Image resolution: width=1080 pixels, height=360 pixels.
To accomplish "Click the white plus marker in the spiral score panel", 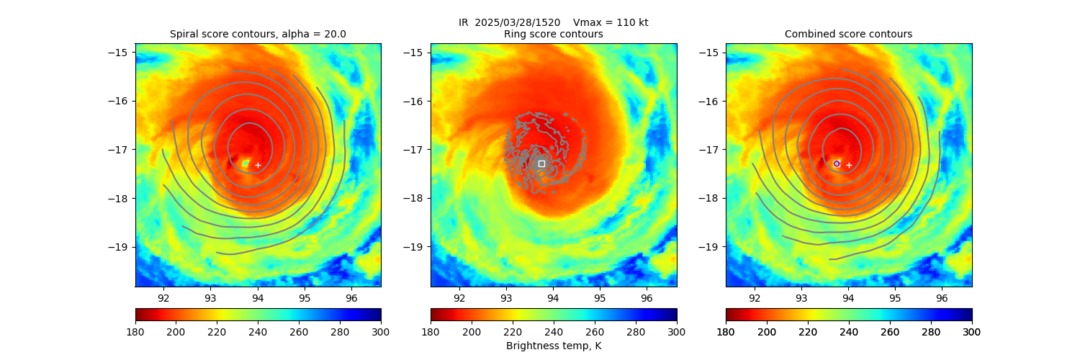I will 258,165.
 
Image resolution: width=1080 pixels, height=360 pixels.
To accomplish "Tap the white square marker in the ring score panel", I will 541,163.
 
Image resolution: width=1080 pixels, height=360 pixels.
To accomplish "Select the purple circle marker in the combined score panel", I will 837,163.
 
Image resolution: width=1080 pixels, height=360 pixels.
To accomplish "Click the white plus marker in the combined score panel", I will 849,165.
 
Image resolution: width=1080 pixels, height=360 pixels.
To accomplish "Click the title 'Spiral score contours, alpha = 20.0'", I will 258,34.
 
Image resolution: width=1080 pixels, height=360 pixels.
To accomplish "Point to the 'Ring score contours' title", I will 553,34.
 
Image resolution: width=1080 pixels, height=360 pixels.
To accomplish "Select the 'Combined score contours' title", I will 848,34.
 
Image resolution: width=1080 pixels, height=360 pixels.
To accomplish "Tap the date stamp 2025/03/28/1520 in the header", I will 518,22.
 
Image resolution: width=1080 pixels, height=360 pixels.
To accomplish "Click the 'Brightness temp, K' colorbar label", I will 553,346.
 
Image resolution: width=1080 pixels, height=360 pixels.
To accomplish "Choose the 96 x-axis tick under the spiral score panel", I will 351,297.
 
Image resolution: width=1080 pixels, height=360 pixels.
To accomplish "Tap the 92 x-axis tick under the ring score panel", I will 459,297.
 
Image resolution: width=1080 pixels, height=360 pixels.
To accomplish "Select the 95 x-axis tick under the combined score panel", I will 895,297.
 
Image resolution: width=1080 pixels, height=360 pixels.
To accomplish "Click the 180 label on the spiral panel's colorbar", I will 135,331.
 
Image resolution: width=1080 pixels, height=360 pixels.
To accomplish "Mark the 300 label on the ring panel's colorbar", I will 677,331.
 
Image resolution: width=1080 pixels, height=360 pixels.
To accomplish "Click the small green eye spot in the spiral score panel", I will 246,163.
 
